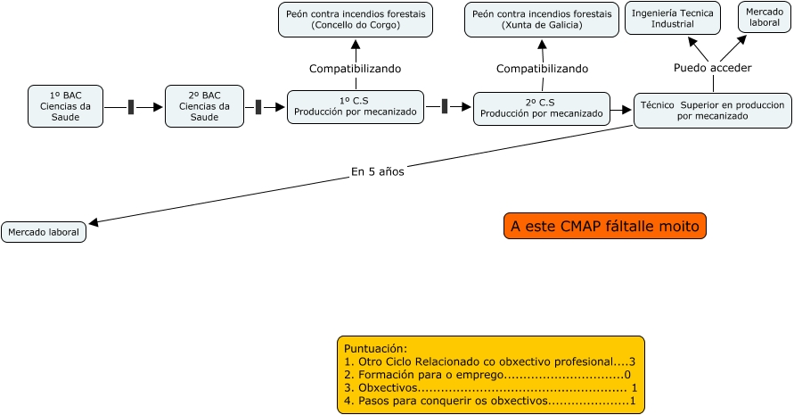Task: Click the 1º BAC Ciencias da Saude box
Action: point(65,106)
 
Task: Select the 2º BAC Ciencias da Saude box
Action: point(204,106)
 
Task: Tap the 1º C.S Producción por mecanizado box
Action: point(356,107)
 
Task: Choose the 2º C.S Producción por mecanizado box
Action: point(542,109)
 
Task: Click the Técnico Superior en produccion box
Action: point(713,111)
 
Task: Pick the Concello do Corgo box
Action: point(356,20)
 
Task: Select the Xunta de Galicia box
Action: point(542,20)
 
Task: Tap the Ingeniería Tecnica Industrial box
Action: point(673,19)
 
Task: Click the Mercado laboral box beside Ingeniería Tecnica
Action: point(764,17)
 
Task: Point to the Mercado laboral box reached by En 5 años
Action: point(44,232)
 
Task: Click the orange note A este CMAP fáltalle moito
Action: point(604,226)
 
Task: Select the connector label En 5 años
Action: point(378,172)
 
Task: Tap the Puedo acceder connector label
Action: point(713,68)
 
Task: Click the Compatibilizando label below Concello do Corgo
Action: point(355,69)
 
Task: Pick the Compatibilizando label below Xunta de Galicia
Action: point(542,69)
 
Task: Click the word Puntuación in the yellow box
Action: point(375,349)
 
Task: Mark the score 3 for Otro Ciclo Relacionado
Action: point(632,361)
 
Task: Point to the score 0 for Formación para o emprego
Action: point(627,375)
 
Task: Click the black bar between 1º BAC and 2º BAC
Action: point(131,107)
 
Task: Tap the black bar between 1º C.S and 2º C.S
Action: point(445,106)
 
